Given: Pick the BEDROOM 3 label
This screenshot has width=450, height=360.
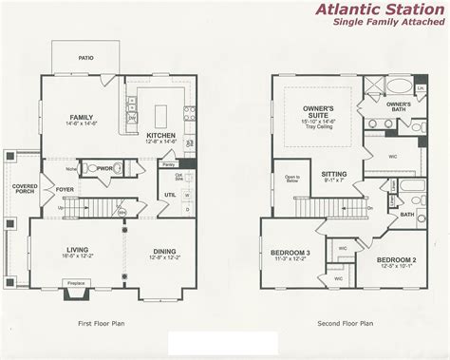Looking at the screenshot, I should click(x=290, y=255).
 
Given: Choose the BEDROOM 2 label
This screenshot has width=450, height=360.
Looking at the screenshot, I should click(x=397, y=259).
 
